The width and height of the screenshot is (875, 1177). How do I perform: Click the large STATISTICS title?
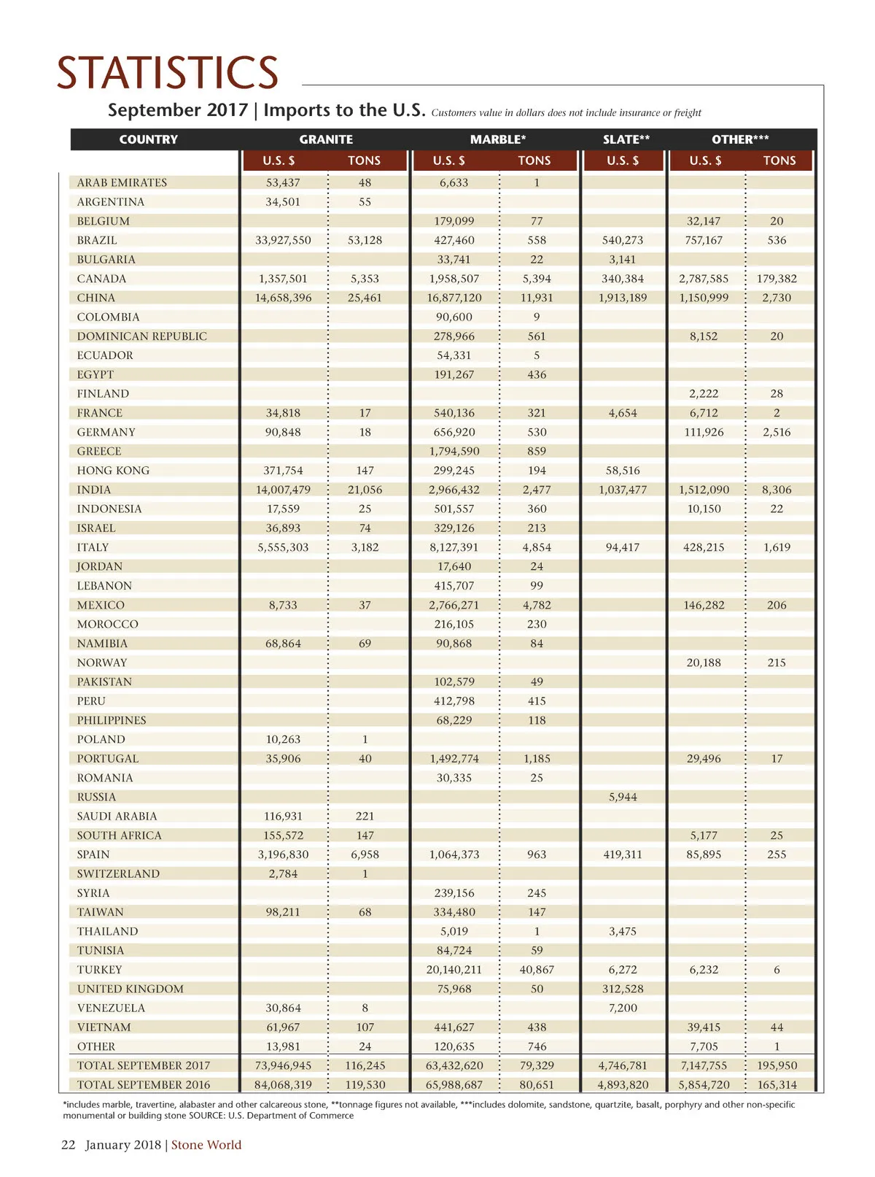point(168,73)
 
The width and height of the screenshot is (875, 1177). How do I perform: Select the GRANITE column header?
point(326,139)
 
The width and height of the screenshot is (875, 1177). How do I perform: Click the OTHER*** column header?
point(740,139)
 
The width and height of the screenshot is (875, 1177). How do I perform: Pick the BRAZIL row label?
point(97,240)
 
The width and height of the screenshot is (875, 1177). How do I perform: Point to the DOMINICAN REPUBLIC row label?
point(142,336)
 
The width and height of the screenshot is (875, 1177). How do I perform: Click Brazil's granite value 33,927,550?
point(283,240)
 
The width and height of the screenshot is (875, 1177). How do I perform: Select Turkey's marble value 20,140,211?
point(454,970)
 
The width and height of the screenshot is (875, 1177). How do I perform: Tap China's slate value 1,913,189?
point(623,298)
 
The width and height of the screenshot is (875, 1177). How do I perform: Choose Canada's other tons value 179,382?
point(777,279)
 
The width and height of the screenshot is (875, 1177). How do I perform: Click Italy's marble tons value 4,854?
point(537,547)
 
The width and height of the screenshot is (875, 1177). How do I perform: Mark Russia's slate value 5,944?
point(623,797)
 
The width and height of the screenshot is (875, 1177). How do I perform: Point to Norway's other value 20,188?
point(704,663)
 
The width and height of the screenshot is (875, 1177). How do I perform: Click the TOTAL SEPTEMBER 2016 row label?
point(144,1085)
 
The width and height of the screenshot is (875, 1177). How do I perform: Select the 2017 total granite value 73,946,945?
point(283,1065)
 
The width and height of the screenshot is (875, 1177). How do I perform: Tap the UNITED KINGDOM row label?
point(131,989)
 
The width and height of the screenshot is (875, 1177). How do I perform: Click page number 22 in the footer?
point(68,1145)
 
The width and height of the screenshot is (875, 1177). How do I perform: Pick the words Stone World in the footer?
point(206,1145)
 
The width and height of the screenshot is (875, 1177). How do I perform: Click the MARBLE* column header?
point(498,139)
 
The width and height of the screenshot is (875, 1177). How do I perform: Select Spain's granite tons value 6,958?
point(365,854)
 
